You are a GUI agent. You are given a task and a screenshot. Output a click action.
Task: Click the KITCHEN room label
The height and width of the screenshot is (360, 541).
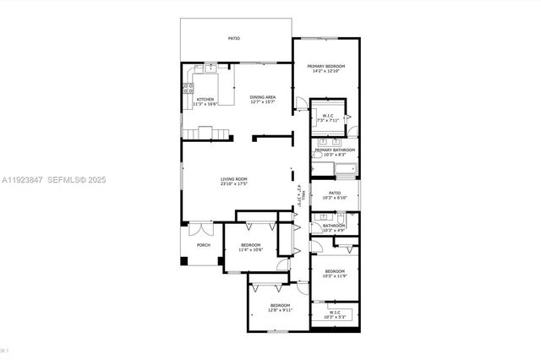pos(205,101)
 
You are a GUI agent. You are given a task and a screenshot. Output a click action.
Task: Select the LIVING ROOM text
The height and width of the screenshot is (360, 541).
pos(234,179)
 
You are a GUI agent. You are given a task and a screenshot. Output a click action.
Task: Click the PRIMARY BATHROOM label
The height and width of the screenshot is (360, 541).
pos(335,152)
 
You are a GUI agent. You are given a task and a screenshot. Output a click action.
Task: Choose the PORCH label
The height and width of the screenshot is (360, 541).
pos(203,245)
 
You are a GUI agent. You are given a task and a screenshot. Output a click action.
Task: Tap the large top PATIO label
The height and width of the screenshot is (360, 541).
pos(234,38)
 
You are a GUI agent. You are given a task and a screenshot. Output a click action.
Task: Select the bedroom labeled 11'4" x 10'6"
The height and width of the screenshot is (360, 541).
pos(250,247)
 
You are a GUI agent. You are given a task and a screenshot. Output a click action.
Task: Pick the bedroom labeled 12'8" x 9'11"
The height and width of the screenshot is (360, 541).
pos(280,307)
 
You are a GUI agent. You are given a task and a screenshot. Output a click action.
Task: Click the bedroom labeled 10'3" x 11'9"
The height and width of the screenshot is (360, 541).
pos(335,273)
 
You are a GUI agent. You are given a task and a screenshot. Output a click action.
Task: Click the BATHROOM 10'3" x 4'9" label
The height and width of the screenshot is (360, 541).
pos(335,227)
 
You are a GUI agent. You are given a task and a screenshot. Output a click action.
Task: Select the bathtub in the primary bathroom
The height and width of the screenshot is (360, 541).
pos(345,174)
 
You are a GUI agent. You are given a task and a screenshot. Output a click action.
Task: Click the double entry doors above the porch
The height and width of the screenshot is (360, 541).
pos(201,226)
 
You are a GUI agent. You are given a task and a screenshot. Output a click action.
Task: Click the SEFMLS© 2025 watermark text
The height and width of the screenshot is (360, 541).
pos(77,180)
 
